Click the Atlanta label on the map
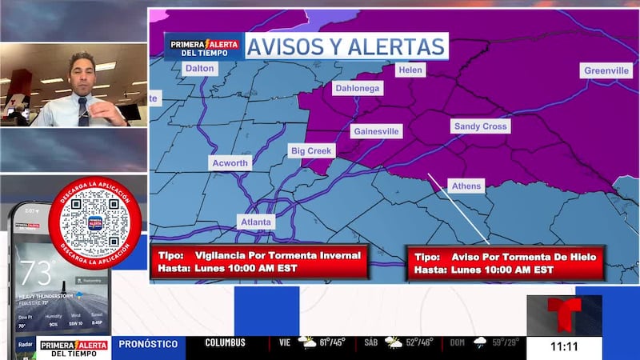click(256, 222)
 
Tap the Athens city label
click(466, 186)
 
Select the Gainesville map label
click(376, 131)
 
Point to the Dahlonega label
click(357, 88)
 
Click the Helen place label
click(410, 70)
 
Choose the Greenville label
click(606, 71)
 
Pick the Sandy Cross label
click(480, 126)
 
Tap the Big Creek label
click(312, 150)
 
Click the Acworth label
click(230, 162)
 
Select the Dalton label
click(199, 69)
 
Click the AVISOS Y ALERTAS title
click(345, 46)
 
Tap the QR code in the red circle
click(94, 222)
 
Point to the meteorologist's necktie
click(83, 112)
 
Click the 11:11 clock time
click(564, 347)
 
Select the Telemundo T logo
click(563, 315)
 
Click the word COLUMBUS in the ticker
click(225, 343)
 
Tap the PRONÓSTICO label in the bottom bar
click(149, 344)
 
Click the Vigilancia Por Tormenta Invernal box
click(259, 262)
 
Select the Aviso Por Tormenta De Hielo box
click(505, 263)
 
